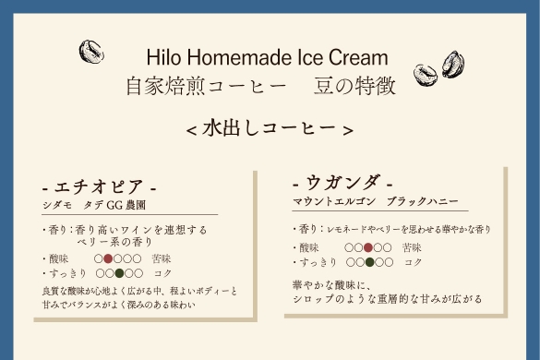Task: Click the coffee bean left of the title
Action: point(91,52)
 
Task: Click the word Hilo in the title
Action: point(163,57)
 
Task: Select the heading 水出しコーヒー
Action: point(270,128)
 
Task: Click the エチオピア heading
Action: point(99,187)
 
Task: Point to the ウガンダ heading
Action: point(342,183)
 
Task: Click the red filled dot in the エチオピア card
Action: point(108,258)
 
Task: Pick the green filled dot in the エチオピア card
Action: point(119,273)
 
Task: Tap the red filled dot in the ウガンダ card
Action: point(368,247)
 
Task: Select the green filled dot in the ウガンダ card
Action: point(369,262)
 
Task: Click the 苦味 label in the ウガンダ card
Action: point(412,247)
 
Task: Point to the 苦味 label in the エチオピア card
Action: point(162,258)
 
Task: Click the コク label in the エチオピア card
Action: point(162,273)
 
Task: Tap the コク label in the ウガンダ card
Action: point(414,262)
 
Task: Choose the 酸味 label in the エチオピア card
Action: point(58,258)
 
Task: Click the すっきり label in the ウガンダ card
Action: point(318,262)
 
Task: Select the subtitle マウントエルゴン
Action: point(334,201)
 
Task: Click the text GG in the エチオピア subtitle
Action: point(114,205)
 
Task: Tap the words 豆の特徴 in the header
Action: point(354,86)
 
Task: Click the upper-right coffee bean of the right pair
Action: point(453,65)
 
